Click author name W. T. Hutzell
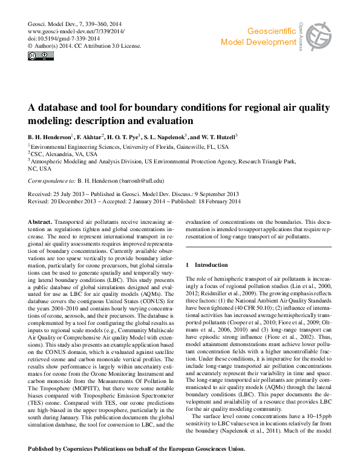click(x=218, y=137)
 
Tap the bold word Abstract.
click(x=40, y=223)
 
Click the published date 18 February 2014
click(x=216, y=201)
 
